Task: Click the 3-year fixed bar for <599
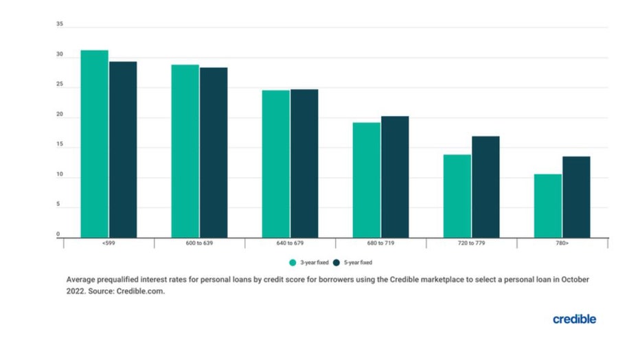95,144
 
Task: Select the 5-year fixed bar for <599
123,149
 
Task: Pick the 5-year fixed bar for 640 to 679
304,163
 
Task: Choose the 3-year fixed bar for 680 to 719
367,180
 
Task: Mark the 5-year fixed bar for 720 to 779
485,187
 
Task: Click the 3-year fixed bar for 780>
548,205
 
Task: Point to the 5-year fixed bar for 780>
576,197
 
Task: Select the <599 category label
108,245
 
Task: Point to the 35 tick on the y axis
60,25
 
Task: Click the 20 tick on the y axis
60,116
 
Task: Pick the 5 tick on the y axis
60,205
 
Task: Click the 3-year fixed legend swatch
293,262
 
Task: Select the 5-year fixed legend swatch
336,262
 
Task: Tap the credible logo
574,319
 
